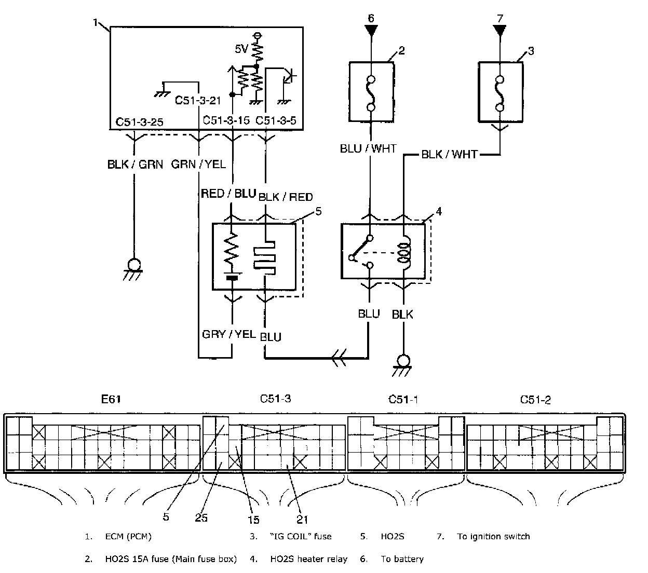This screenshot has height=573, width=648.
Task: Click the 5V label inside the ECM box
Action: point(241,49)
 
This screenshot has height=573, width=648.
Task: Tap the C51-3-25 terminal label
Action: point(140,122)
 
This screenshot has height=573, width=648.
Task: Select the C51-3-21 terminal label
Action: point(198,100)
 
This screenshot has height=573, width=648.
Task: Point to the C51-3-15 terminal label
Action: point(226,120)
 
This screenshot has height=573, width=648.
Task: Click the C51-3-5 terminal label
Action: point(276,120)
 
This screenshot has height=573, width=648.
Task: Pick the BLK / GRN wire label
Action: point(135,165)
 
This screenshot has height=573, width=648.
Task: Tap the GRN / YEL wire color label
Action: point(198,164)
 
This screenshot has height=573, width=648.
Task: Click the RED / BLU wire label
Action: point(228,194)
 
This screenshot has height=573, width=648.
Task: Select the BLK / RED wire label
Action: point(285,197)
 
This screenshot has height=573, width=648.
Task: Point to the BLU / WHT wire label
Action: point(368,148)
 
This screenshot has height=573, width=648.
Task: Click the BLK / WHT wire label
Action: point(449,155)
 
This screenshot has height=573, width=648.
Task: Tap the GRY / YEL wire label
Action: point(229,334)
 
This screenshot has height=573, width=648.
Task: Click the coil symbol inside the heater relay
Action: point(404,253)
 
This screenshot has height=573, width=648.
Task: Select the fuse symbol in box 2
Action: point(371,93)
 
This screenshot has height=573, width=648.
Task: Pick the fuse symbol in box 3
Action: point(500,93)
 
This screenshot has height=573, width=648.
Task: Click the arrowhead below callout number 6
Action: point(371,31)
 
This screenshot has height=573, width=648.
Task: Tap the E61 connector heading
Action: point(111,399)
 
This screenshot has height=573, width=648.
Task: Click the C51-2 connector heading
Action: point(535,399)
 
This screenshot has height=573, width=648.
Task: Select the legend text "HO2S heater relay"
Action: point(308,559)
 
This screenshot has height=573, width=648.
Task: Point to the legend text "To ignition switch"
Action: point(493,536)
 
